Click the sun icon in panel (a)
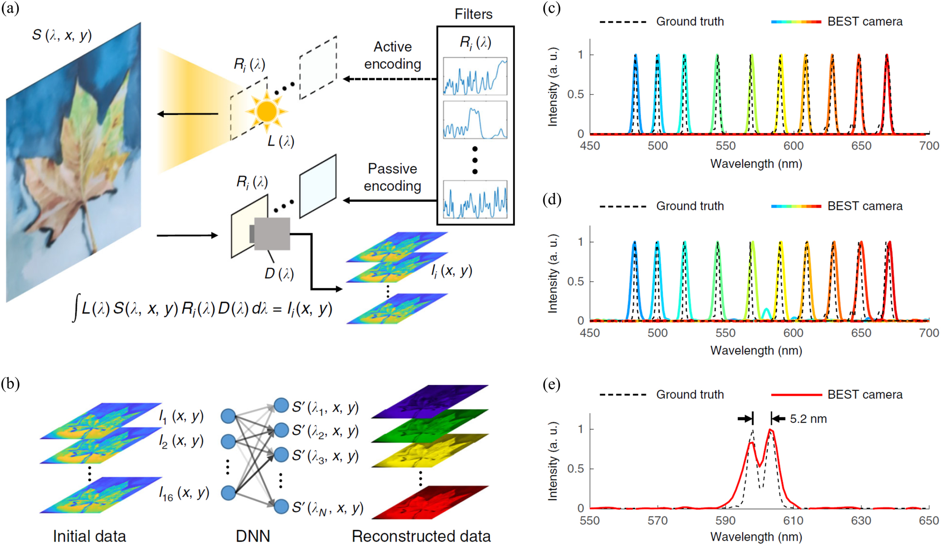tap(266, 112)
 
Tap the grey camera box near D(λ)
tap(271, 234)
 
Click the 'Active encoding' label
tap(392, 55)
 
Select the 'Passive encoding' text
tap(392, 177)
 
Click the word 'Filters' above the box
tap(473, 14)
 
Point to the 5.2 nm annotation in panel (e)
tap(808, 419)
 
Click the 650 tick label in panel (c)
tap(861, 146)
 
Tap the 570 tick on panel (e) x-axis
tap(657, 521)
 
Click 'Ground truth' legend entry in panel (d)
tap(689, 206)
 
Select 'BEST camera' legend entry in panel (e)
tap(865, 395)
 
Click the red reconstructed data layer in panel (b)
tap(430, 502)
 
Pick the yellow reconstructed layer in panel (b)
tap(430, 450)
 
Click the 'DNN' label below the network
tap(252, 536)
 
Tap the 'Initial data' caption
tap(89, 536)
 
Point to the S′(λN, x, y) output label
tap(327, 508)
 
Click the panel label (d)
tap(551, 199)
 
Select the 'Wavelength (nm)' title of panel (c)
tap(756, 164)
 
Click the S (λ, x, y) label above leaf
tap(62, 35)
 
